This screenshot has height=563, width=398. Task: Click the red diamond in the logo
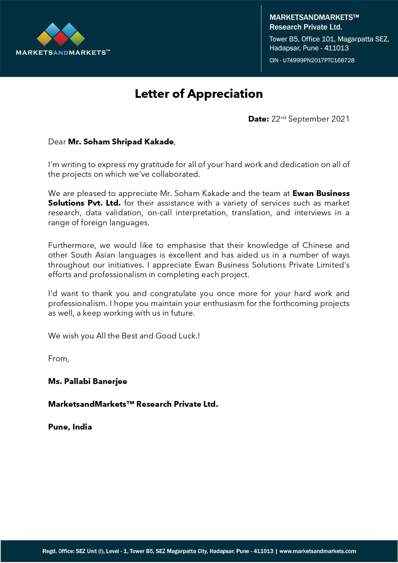click(61, 39)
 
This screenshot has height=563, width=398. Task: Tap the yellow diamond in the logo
click(45, 39)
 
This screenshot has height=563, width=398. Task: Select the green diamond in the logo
click(77, 39)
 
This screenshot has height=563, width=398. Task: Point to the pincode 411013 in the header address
click(336, 48)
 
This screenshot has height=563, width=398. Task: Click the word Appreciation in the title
click(225, 94)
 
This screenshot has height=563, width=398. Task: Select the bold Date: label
click(258, 119)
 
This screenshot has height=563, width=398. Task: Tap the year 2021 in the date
click(340, 119)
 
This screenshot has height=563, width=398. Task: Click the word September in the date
click(309, 119)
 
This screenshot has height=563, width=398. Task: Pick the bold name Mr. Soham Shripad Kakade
click(121, 142)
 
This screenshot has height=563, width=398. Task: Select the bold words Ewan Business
click(321, 193)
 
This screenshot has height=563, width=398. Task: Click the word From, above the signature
click(58, 359)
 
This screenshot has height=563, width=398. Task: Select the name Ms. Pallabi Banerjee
click(88, 381)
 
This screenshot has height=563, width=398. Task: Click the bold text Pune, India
click(70, 427)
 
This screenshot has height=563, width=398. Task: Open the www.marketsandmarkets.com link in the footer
click(318, 551)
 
